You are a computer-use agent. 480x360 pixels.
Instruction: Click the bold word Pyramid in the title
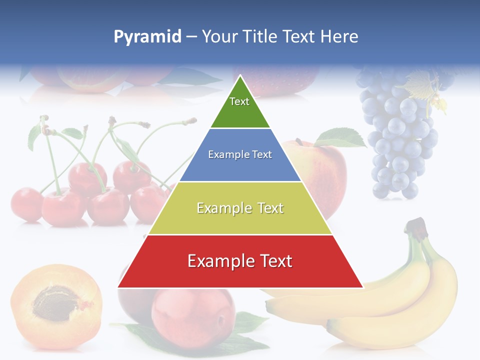pyautogui.click(x=147, y=37)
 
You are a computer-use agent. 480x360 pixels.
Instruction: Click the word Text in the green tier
pyautogui.click(x=239, y=101)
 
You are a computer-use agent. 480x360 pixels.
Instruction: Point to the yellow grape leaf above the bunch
pyautogui.click(x=425, y=85)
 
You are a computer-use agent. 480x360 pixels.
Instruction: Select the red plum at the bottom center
pyautogui.click(x=192, y=315)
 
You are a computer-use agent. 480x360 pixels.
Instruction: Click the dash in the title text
pyautogui.click(x=191, y=37)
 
